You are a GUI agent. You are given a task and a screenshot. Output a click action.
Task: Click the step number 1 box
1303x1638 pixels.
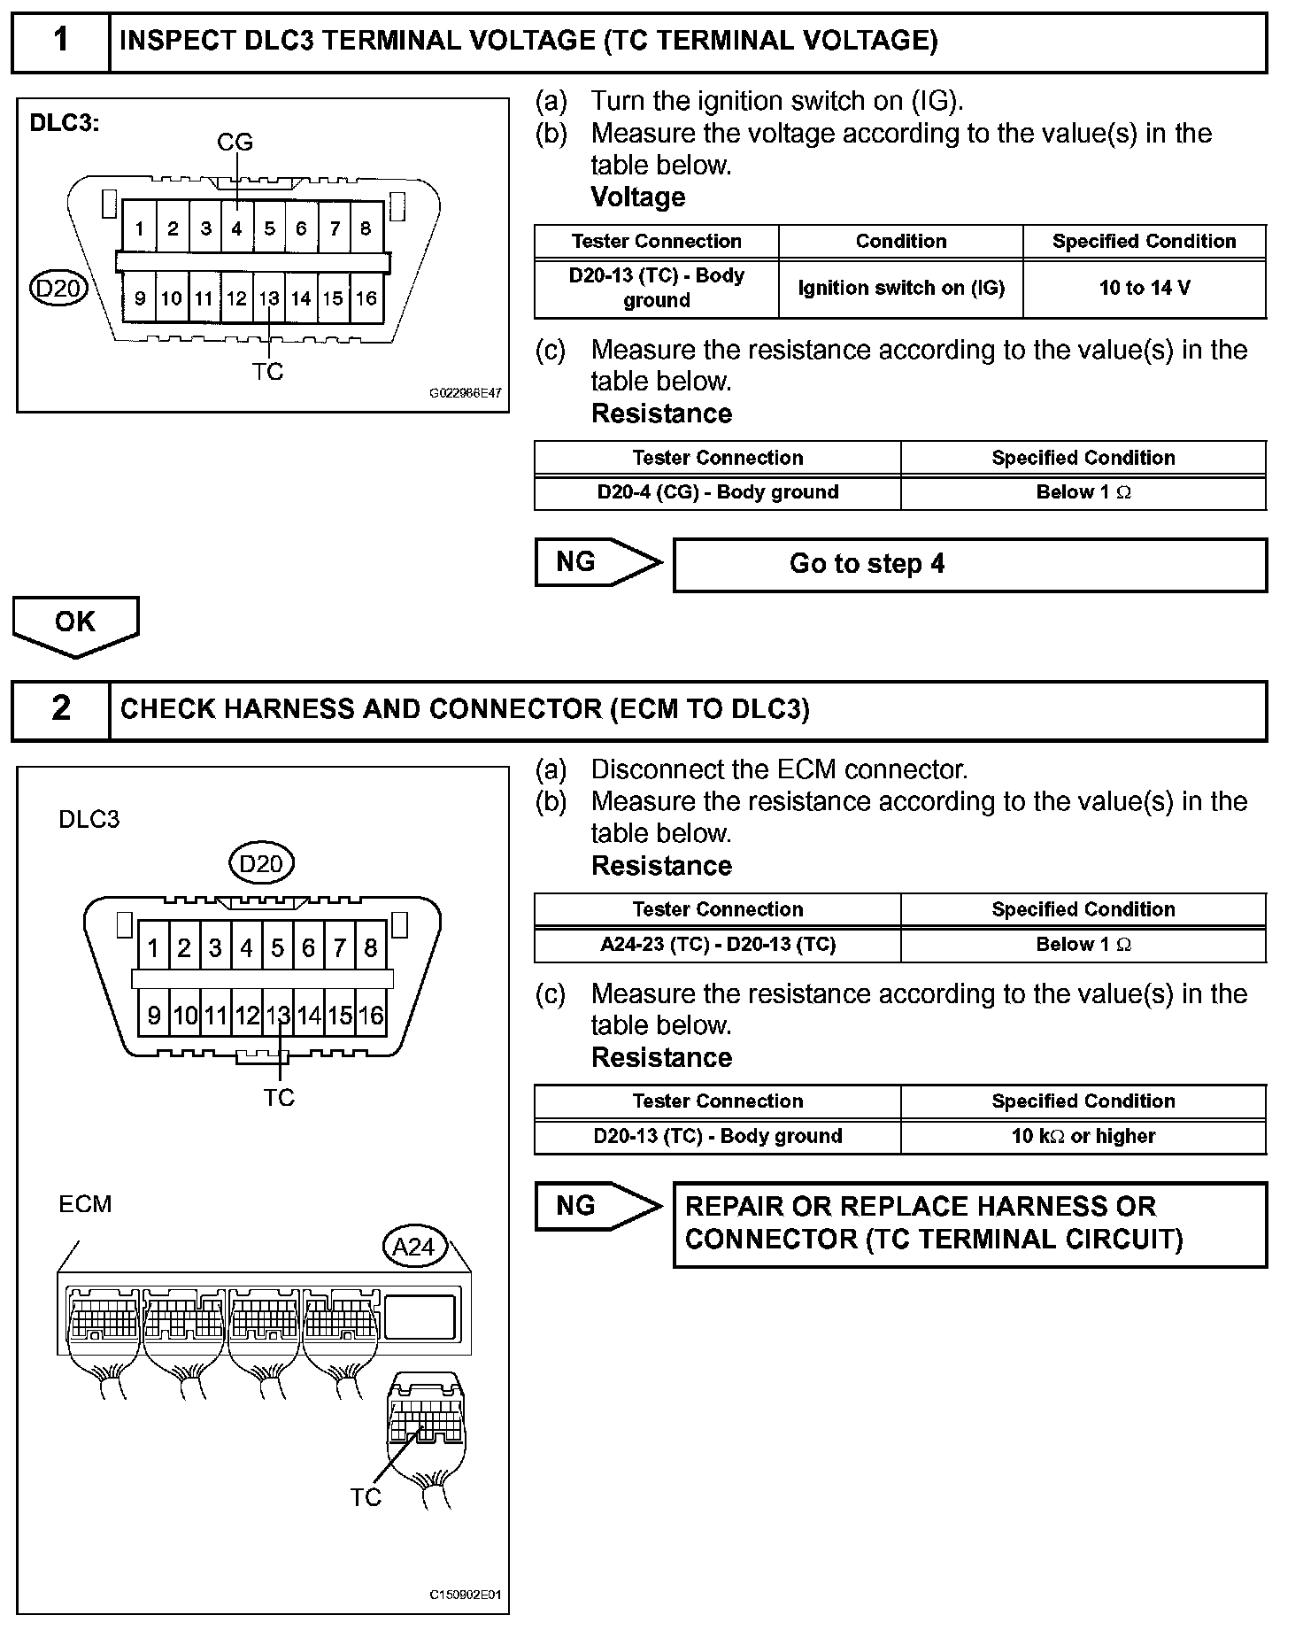pyautogui.click(x=60, y=41)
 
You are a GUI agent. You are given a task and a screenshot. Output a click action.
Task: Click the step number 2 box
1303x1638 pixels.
pyautogui.click(x=60, y=709)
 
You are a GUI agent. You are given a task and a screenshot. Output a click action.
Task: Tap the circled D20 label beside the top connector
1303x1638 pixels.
pyautogui.click(x=58, y=289)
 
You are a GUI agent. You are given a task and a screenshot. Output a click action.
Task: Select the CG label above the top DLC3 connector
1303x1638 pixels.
pyautogui.click(x=235, y=142)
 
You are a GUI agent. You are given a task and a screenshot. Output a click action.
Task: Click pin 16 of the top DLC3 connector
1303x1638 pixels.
pyautogui.click(x=366, y=299)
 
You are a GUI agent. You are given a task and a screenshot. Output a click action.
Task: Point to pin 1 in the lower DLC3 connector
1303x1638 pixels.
pyautogui.click(x=153, y=949)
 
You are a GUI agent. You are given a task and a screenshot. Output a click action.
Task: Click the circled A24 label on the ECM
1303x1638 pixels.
pyautogui.click(x=413, y=1247)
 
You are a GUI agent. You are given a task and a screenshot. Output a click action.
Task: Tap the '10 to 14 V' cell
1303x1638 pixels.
pyautogui.click(x=1144, y=288)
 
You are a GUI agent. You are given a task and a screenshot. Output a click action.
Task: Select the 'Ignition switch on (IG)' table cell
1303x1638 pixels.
pyautogui.click(x=900, y=288)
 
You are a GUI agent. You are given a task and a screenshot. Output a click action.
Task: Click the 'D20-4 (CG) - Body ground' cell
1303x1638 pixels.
pyautogui.click(x=717, y=492)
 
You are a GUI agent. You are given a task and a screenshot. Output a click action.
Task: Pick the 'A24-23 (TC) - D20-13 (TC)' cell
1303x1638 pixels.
pyautogui.click(x=717, y=945)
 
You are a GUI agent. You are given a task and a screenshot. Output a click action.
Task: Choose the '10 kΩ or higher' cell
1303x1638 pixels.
pyautogui.click(x=1083, y=1136)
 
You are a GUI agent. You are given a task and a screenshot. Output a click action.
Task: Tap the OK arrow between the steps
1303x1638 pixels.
pyautogui.click(x=75, y=624)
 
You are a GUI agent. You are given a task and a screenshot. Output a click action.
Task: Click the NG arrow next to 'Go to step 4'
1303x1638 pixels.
pyautogui.click(x=596, y=562)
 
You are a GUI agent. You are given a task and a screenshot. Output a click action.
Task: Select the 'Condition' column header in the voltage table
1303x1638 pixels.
pyautogui.click(x=900, y=241)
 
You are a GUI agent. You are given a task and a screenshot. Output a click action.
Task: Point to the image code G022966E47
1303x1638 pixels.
pyautogui.click(x=465, y=393)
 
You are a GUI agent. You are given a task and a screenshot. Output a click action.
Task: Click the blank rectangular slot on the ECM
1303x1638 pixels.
pyautogui.click(x=420, y=1316)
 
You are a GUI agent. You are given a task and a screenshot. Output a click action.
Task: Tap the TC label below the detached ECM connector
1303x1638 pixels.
pyautogui.click(x=365, y=1497)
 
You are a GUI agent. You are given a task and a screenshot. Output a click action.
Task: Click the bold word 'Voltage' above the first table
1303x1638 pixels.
pyautogui.click(x=637, y=197)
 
